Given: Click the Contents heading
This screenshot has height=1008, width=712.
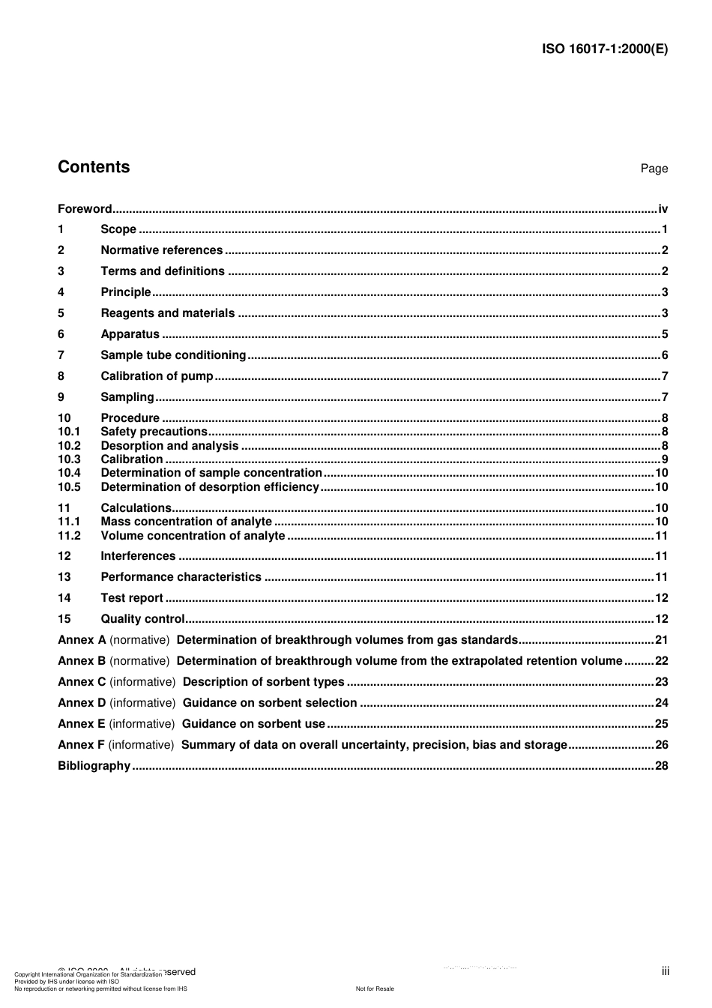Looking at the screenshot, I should (x=94, y=167).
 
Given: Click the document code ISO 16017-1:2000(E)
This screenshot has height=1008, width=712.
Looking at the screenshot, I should (x=604, y=49).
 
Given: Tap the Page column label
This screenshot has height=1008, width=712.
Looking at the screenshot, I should (x=654, y=169).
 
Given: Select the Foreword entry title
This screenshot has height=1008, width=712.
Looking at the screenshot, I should (x=85, y=209).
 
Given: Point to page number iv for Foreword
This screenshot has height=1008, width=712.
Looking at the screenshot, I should (x=663, y=209).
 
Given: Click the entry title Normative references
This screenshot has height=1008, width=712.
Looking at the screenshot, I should (x=161, y=250).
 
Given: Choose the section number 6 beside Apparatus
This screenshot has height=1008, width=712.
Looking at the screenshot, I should (x=61, y=334).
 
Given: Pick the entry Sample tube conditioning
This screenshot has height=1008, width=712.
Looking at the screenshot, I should (x=173, y=355).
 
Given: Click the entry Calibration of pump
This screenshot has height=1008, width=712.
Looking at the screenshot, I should (x=157, y=376).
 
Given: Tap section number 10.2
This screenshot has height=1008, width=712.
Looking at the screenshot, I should (x=69, y=446).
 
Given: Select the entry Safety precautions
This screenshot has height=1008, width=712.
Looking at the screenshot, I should (x=154, y=432).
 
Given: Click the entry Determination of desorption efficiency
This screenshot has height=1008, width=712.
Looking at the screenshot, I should (x=210, y=487).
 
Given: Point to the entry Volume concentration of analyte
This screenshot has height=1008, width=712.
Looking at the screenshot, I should (x=193, y=536).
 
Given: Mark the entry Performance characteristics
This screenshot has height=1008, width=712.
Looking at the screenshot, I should (x=181, y=577).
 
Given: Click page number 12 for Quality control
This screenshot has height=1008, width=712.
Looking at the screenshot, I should (x=661, y=619).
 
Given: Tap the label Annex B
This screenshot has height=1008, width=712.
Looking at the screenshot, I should (x=82, y=661).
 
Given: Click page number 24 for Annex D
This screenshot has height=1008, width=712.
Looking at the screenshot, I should (x=661, y=703).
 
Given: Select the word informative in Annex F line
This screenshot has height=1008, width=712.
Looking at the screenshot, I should (x=141, y=745).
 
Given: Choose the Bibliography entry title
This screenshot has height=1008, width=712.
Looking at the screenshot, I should (x=94, y=766).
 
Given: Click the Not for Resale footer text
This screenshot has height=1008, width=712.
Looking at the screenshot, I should (x=375, y=989).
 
